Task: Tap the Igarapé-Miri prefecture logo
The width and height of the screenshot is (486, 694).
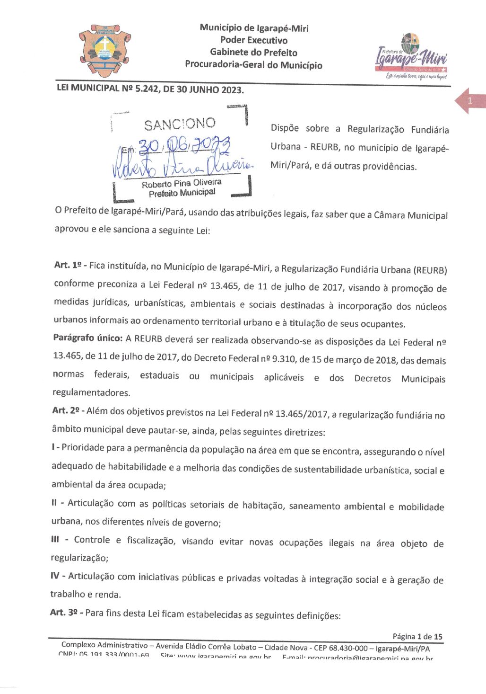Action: (x=411, y=56)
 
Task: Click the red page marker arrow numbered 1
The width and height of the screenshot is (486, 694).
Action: (x=469, y=101)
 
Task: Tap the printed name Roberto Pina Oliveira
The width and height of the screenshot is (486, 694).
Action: (x=182, y=183)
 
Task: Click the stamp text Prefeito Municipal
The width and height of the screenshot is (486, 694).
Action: (x=182, y=193)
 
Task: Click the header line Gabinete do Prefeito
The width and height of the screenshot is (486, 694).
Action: (x=254, y=52)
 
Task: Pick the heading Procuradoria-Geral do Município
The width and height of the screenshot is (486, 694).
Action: (x=254, y=64)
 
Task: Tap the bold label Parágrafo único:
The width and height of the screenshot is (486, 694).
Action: (x=88, y=338)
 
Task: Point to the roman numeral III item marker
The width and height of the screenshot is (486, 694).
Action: (x=55, y=540)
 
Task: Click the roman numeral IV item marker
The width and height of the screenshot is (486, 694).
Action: (x=55, y=576)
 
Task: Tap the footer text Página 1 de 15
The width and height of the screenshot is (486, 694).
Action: (x=417, y=637)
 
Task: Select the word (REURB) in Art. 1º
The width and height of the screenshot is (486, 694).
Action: (x=430, y=270)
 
